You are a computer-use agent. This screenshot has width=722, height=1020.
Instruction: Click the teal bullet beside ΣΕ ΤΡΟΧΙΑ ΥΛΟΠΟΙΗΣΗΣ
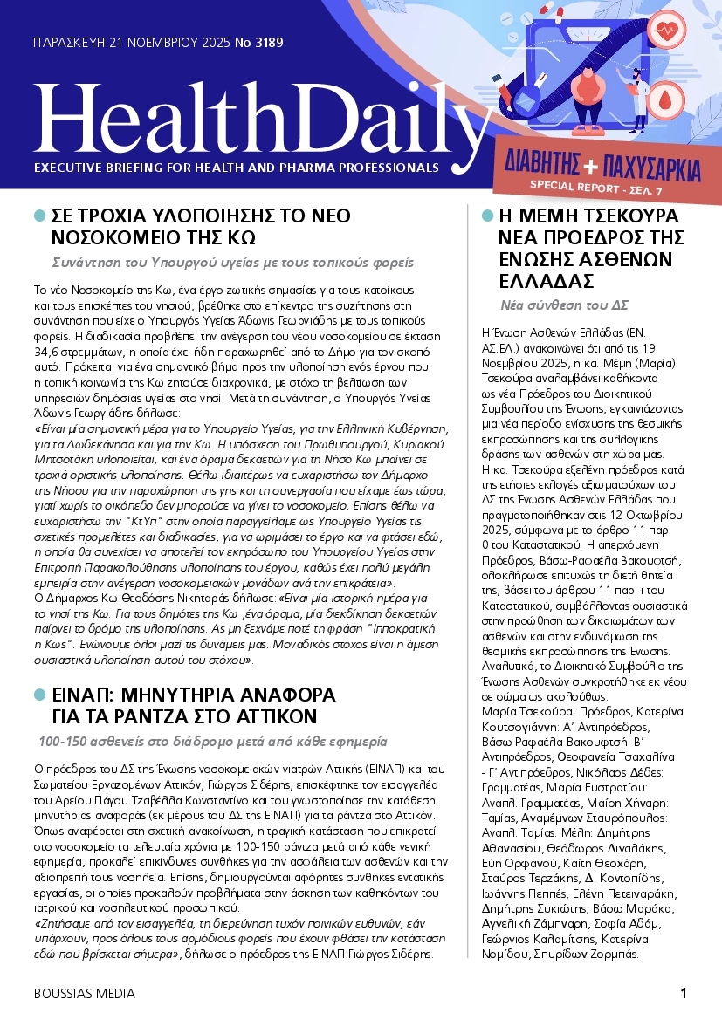click(x=39, y=216)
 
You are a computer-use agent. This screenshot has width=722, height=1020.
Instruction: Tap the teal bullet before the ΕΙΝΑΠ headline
click(x=39, y=695)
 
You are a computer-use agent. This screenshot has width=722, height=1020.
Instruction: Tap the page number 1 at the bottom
click(x=684, y=993)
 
